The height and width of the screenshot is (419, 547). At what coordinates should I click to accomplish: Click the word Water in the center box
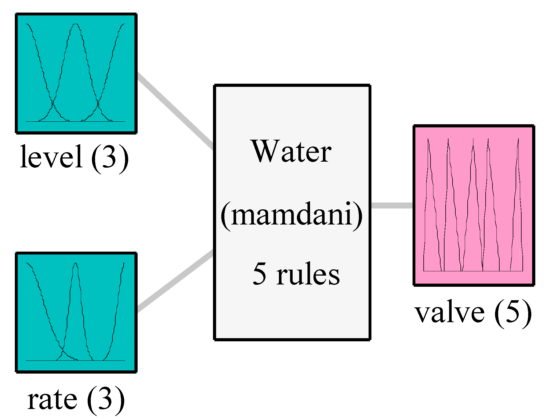291,151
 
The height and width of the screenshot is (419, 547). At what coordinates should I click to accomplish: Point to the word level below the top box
51,156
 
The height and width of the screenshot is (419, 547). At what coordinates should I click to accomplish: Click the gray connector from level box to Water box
175,110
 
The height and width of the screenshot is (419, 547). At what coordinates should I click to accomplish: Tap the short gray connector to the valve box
392,205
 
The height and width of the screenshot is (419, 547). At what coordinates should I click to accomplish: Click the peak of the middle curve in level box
75,25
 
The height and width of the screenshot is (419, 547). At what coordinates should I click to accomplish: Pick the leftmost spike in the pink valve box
428,140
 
